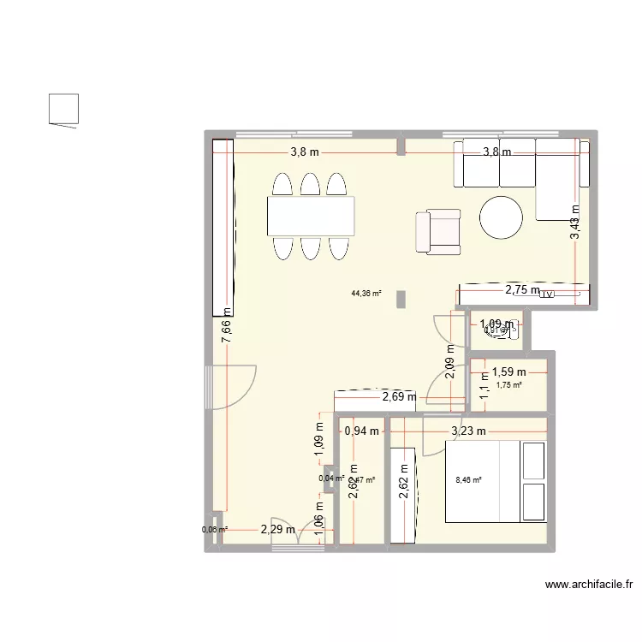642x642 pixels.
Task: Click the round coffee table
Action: [501, 217]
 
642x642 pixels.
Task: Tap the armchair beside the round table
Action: [437, 232]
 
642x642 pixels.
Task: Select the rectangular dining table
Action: [311, 216]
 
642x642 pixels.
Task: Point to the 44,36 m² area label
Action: [366, 294]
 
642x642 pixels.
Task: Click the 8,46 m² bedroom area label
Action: [468, 480]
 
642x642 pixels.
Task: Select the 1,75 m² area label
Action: [508, 385]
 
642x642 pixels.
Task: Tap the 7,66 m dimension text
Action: [227, 326]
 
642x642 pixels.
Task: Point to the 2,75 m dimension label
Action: [522, 290]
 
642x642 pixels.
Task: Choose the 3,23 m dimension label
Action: [468, 431]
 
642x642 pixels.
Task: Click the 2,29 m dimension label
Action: [278, 530]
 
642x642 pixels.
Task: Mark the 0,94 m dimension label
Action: [361, 431]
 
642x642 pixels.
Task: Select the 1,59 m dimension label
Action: [508, 372]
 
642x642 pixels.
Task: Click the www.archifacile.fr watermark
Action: [588, 586]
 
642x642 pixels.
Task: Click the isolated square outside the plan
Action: [64, 109]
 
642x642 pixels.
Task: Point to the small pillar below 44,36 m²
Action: [400, 299]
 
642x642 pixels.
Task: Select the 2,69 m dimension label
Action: [399, 396]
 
